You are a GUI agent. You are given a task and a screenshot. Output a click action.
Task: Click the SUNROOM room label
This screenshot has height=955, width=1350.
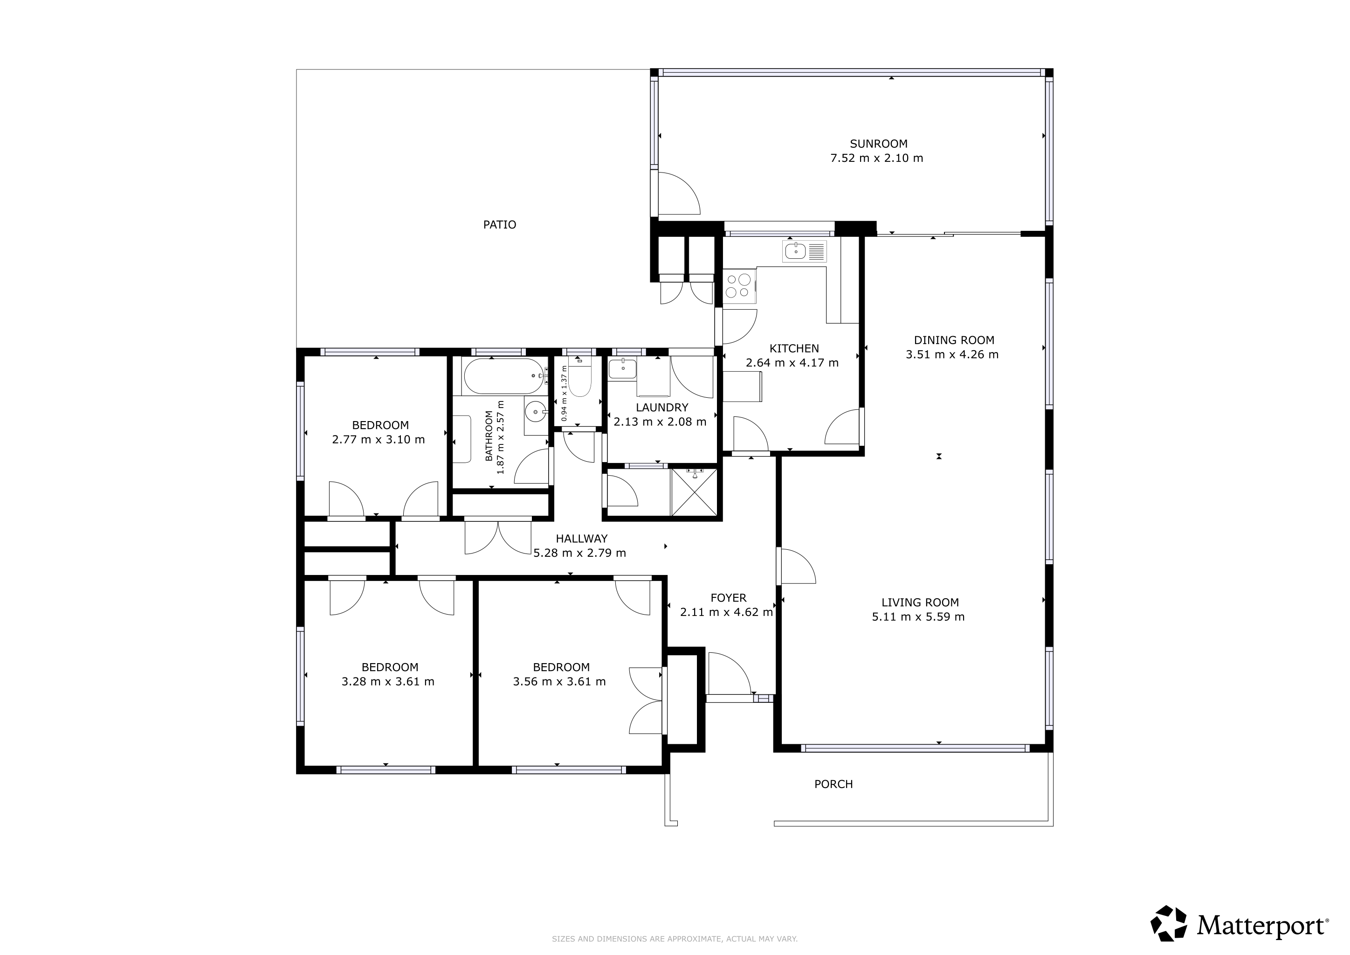[x=878, y=144]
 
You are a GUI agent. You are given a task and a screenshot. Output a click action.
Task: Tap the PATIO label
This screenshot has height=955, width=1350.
[x=500, y=225]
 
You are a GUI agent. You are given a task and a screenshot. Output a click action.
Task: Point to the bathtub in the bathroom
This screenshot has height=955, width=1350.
[x=503, y=376]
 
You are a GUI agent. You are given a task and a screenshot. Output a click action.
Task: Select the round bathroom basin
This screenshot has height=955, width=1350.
[x=536, y=412]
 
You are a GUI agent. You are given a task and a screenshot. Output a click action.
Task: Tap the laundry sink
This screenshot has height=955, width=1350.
[x=622, y=369]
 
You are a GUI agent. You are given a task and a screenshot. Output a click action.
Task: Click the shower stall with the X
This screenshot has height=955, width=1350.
[x=695, y=492]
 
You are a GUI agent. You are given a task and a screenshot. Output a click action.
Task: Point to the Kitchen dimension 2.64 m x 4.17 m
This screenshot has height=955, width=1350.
[x=792, y=363]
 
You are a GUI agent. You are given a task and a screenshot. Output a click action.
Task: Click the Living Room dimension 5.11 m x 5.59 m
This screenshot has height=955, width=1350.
[x=918, y=617]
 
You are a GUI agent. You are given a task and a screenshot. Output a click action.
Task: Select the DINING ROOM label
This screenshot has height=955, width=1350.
[x=954, y=340]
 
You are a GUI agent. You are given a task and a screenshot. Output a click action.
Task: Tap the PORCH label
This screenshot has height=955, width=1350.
[x=833, y=784]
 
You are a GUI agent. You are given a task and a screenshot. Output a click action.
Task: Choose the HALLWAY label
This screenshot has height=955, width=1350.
[x=581, y=539]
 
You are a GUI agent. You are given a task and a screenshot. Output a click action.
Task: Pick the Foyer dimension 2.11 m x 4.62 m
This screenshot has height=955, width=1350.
[x=726, y=612]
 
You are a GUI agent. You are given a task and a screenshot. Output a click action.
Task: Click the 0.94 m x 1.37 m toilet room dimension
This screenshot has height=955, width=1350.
[x=564, y=393]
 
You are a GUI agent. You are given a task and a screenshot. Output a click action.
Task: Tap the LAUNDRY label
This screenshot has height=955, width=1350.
[x=661, y=408]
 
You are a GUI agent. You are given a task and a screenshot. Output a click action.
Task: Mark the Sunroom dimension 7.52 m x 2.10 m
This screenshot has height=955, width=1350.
[x=876, y=158]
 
